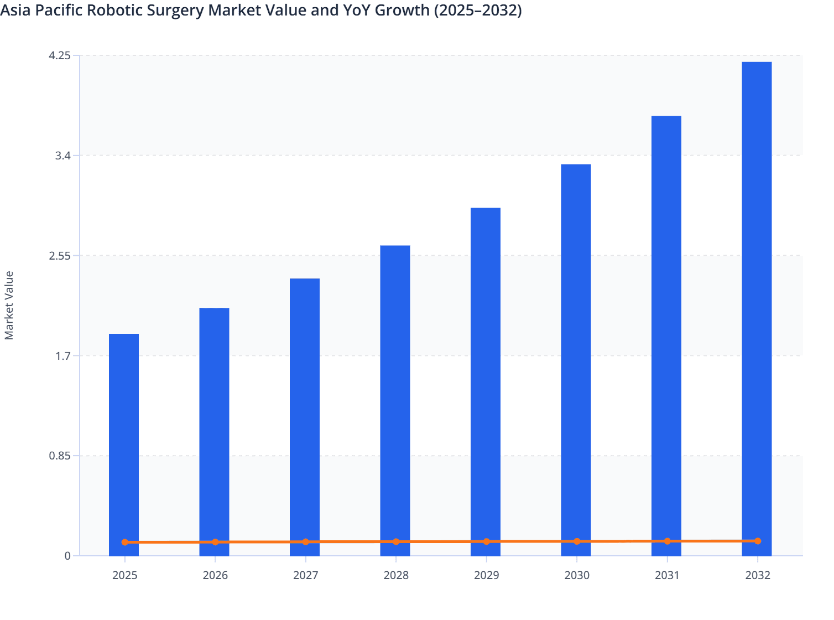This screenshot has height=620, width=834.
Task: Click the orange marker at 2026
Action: (x=215, y=542)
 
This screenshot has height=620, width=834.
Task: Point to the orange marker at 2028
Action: (x=396, y=541)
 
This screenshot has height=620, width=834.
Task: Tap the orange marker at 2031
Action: (x=667, y=541)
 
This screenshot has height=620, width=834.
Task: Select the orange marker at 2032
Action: (x=758, y=541)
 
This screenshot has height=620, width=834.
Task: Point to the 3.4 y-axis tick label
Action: (x=63, y=156)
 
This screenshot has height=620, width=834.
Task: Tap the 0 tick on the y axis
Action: (x=67, y=556)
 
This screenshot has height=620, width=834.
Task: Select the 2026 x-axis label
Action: (x=215, y=575)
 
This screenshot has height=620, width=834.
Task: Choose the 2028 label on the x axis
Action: (x=396, y=575)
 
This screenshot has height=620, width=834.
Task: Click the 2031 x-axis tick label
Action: (x=667, y=575)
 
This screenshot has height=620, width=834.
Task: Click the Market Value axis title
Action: (x=9, y=305)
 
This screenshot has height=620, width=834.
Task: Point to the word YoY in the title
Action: (x=351, y=10)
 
